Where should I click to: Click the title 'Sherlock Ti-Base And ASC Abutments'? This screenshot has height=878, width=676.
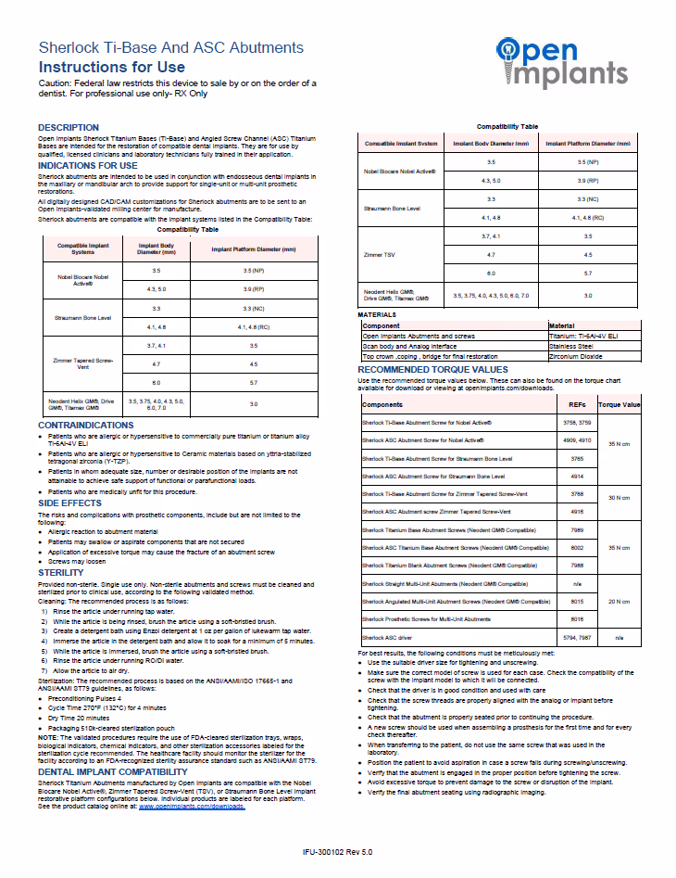tap(170, 47)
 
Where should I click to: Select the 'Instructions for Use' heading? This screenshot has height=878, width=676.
tap(111, 67)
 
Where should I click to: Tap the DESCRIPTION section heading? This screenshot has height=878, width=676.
tap(68, 127)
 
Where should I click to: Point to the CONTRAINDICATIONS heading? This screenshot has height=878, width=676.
tap(85, 425)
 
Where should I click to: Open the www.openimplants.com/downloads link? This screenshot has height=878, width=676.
tap(192, 807)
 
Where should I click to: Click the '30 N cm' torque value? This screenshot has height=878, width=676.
tap(619, 498)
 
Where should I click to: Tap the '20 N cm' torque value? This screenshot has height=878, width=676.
tap(619, 601)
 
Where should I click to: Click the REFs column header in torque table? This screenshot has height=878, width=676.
tap(575, 405)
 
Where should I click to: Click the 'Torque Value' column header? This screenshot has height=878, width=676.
tap(619, 405)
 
